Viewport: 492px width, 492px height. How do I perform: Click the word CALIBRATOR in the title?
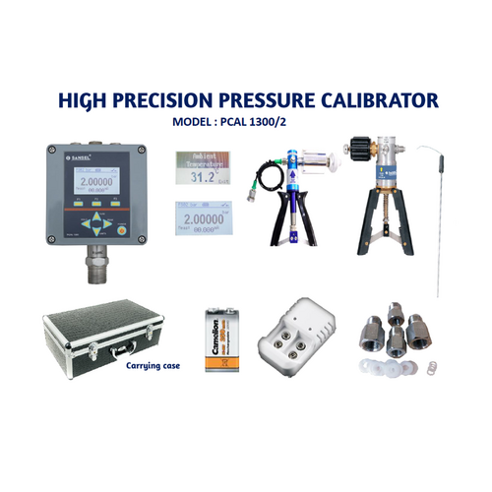[370, 101]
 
